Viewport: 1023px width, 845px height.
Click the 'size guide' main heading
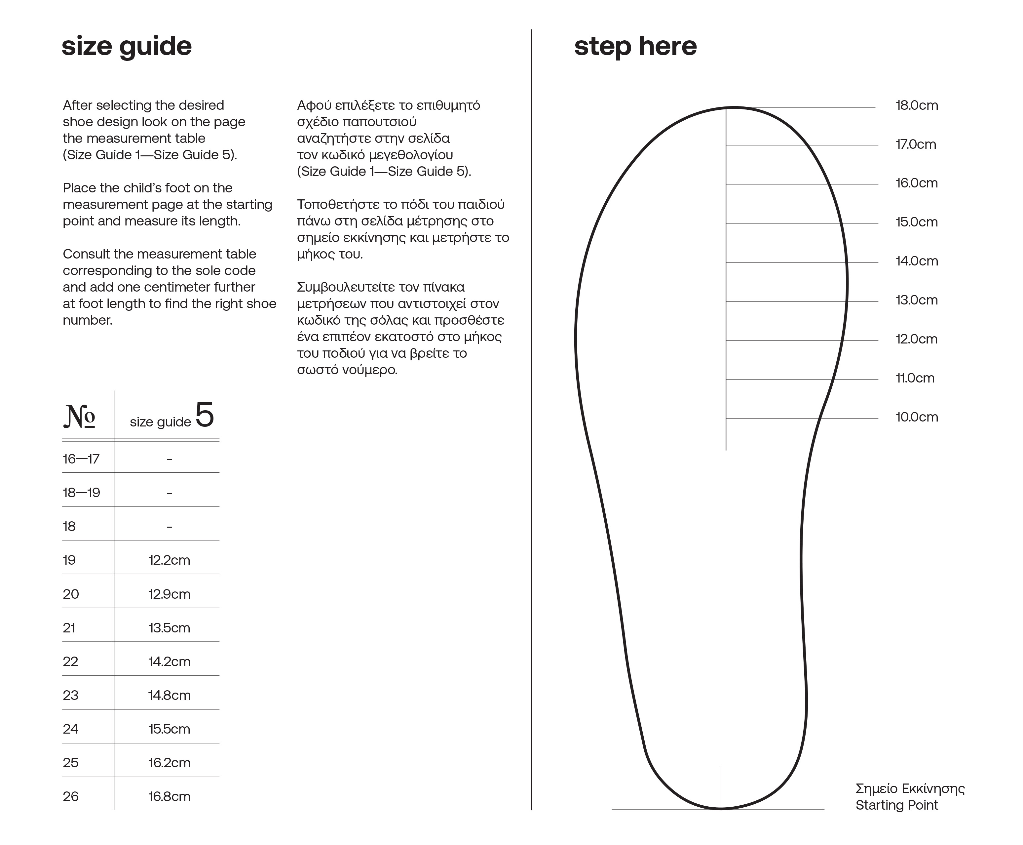coord(127,47)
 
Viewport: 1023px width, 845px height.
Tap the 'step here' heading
coord(635,47)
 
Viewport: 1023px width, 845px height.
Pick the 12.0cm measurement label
coord(917,339)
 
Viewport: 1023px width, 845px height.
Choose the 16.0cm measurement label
coord(917,183)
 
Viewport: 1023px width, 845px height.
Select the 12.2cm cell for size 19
coord(169,560)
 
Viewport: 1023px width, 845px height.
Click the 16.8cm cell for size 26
coord(169,797)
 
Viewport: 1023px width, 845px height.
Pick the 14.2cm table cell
coord(169,662)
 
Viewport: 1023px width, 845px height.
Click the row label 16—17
coord(81,459)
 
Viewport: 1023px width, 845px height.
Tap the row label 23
coord(70,696)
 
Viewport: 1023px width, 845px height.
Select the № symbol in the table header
coord(79,417)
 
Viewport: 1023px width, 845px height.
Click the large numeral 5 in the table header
coord(204,415)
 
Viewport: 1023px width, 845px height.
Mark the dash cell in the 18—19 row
coord(169,493)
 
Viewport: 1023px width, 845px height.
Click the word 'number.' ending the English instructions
coord(88,320)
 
